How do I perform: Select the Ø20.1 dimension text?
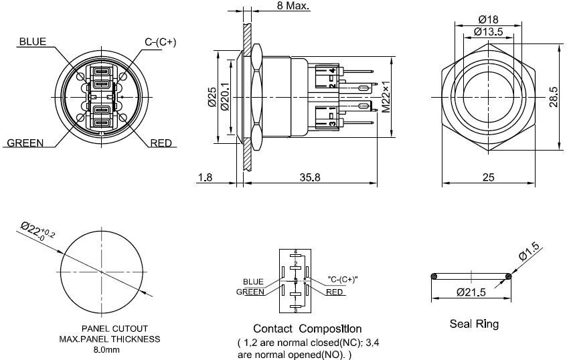click(x=225, y=96)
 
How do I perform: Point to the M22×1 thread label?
click(x=386, y=96)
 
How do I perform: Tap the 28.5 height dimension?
click(x=553, y=97)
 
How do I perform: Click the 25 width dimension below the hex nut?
click(x=488, y=177)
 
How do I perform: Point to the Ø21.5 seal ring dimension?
click(x=471, y=292)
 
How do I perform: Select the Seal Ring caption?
click(x=473, y=325)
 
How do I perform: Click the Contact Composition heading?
click(x=307, y=329)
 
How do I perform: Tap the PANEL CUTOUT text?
click(x=114, y=329)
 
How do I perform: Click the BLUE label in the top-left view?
click(x=32, y=41)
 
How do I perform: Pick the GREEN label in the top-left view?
click(x=25, y=143)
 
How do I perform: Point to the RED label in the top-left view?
click(x=161, y=143)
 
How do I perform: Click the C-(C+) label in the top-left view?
click(x=161, y=41)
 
